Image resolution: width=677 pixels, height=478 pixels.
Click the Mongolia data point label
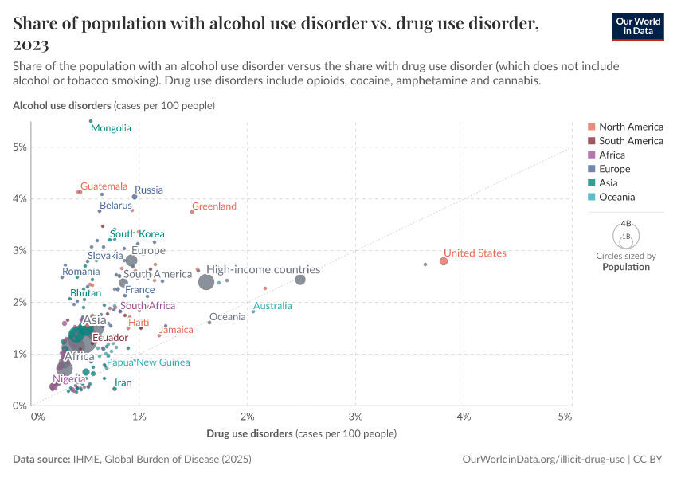[111, 128]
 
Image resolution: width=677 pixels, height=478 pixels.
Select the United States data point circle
[444, 261]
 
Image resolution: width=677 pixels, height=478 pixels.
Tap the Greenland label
[214, 206]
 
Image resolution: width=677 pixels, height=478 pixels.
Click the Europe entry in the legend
[614, 169]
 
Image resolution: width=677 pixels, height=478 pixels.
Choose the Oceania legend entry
[617, 197]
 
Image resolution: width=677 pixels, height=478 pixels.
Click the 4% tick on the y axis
[19, 198]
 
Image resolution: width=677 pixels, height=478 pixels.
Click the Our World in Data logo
[638, 26]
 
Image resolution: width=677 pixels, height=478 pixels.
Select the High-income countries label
[263, 270]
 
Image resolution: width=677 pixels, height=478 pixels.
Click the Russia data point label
[149, 190]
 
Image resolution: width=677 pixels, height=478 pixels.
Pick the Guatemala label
[104, 186]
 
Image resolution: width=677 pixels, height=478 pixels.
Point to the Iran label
[121, 382]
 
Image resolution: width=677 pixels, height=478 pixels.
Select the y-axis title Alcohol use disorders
[62, 105]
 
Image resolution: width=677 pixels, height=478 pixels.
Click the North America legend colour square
[591, 127]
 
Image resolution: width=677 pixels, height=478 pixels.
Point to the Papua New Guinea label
[148, 362]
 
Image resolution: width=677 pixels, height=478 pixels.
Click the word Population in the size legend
[626, 267]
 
